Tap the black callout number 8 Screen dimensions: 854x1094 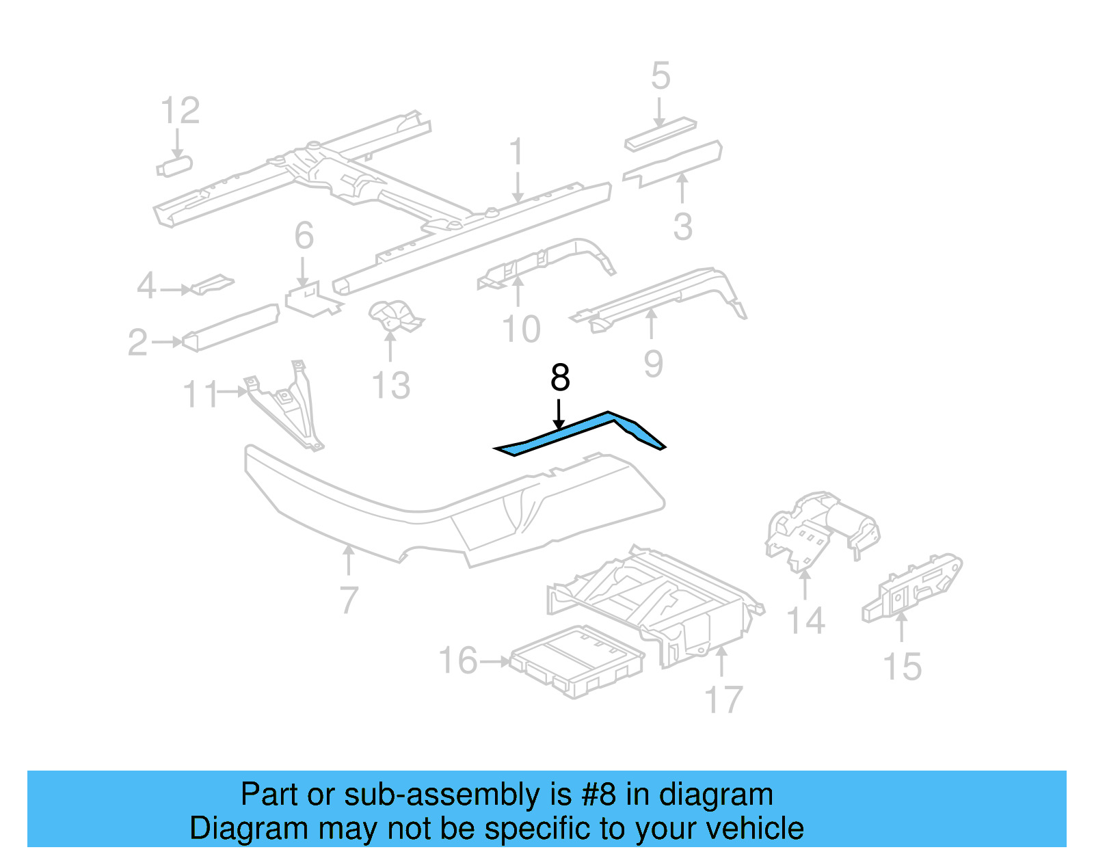[560, 378]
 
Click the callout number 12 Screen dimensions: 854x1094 [180, 111]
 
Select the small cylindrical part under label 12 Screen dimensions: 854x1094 [175, 166]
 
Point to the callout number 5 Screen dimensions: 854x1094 [660, 75]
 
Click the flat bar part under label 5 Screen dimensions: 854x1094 [661, 134]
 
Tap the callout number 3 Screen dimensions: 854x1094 [682, 226]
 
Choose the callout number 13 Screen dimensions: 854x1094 [390, 385]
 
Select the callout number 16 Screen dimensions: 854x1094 [457, 660]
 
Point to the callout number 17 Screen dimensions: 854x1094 [723, 700]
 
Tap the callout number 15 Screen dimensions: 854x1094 [902, 667]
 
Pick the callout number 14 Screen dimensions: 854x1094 [805, 621]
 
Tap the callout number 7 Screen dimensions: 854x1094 [349, 600]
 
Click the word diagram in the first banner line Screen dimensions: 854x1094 [716, 795]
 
